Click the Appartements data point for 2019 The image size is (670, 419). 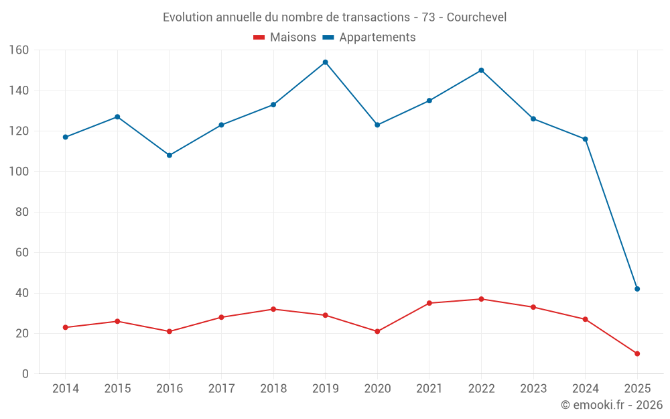(x=325, y=62)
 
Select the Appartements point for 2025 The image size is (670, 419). (x=637, y=289)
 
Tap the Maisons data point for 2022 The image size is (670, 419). (x=481, y=299)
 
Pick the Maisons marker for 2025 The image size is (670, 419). (x=637, y=354)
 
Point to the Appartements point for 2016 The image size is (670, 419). (x=169, y=156)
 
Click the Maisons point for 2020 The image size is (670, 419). (x=377, y=331)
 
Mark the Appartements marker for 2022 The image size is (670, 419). (x=481, y=70)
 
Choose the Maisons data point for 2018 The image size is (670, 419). (x=273, y=309)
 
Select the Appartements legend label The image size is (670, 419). (x=377, y=38)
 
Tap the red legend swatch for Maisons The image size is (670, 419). (x=259, y=38)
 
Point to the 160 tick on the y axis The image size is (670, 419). (x=19, y=50)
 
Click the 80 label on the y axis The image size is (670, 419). (x=21, y=213)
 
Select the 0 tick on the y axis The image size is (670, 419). (x=25, y=374)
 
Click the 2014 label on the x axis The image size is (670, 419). (x=65, y=389)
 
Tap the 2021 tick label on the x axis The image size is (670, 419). (x=429, y=389)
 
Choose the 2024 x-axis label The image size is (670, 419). (x=585, y=389)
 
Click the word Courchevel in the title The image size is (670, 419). (x=476, y=17)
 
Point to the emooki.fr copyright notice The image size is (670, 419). (x=611, y=405)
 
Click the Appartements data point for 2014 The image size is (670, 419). (x=65, y=137)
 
